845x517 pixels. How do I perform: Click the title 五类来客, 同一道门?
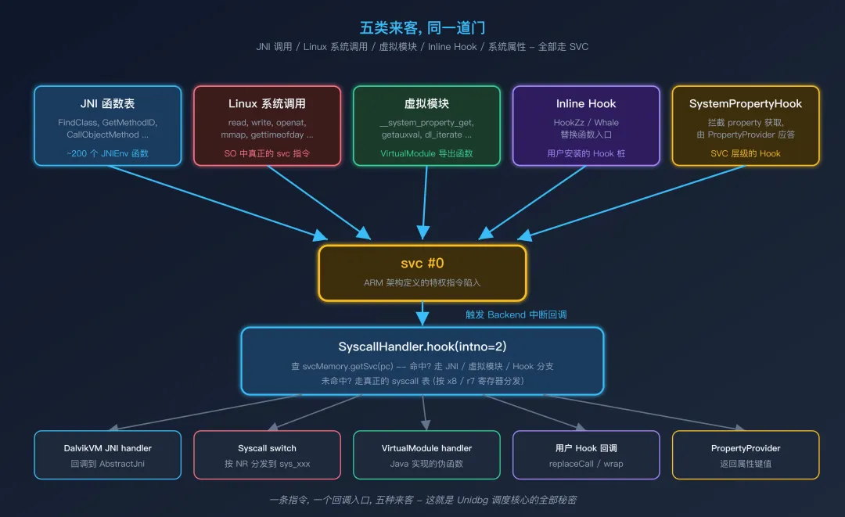pyautogui.click(x=422, y=28)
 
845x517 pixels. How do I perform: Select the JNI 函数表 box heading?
pyautogui.click(x=107, y=103)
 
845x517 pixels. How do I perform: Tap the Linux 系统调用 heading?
pyautogui.click(x=267, y=103)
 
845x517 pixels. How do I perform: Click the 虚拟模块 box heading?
pyautogui.click(x=426, y=103)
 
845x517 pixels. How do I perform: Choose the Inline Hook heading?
pyautogui.click(x=586, y=103)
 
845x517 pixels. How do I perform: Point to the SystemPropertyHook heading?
pyautogui.click(x=746, y=103)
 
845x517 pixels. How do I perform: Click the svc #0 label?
pyautogui.click(x=422, y=264)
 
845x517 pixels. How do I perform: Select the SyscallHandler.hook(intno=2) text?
pyautogui.click(x=422, y=346)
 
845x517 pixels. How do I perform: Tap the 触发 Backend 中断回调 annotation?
pyautogui.click(x=516, y=314)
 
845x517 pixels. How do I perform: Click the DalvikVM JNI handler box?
pyautogui.click(x=107, y=454)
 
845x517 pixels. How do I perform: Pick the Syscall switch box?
pyautogui.click(x=267, y=454)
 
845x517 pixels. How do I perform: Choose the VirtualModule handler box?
pyautogui.click(x=426, y=454)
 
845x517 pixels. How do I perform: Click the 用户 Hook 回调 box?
pyautogui.click(x=586, y=454)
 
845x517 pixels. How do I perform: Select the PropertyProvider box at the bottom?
pyautogui.click(x=746, y=454)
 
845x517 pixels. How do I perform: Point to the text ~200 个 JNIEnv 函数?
pyautogui.click(x=107, y=153)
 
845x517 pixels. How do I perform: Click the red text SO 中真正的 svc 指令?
pyautogui.click(x=267, y=153)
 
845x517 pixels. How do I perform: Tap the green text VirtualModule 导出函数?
pyautogui.click(x=426, y=153)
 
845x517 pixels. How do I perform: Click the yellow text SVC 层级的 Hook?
pyautogui.click(x=746, y=153)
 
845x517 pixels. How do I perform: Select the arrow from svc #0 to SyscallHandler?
pyautogui.click(x=422, y=313)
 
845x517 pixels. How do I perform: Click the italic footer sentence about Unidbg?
pyautogui.click(x=422, y=500)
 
